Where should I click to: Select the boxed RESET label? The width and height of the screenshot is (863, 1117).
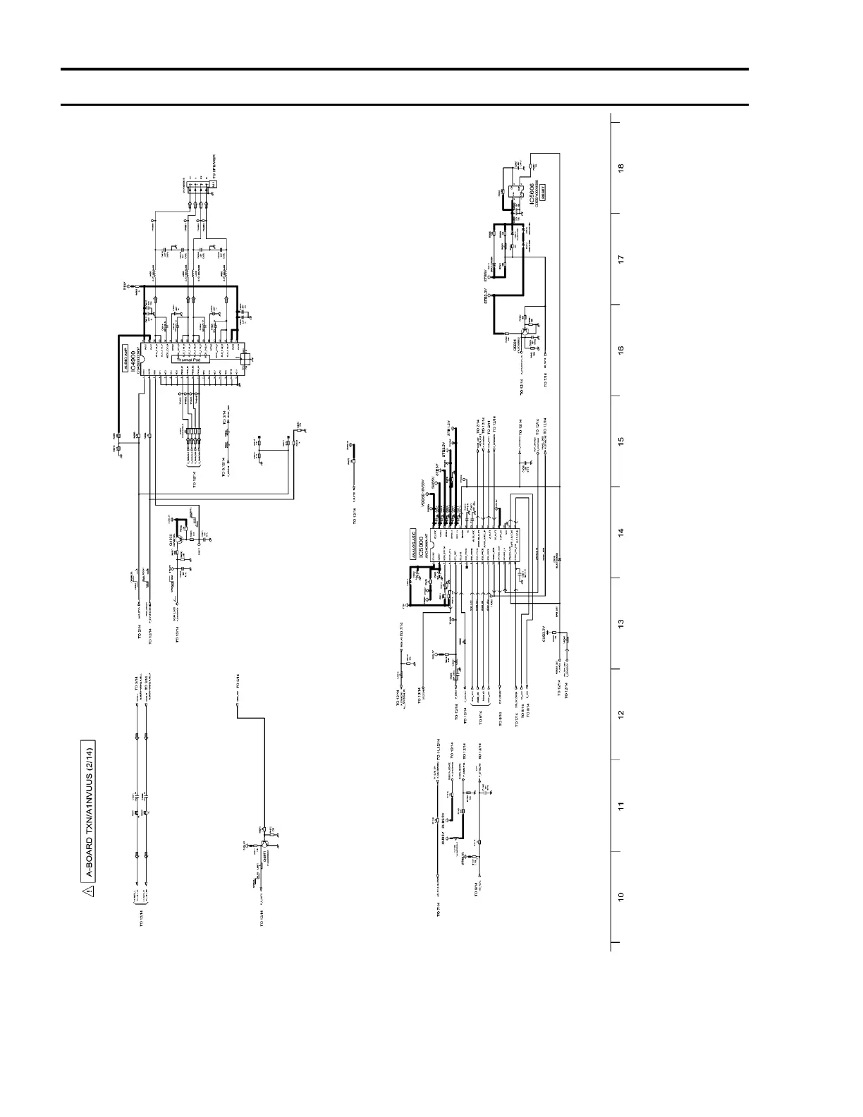click(544, 191)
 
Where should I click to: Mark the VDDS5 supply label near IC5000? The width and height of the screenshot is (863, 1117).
click(423, 498)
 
